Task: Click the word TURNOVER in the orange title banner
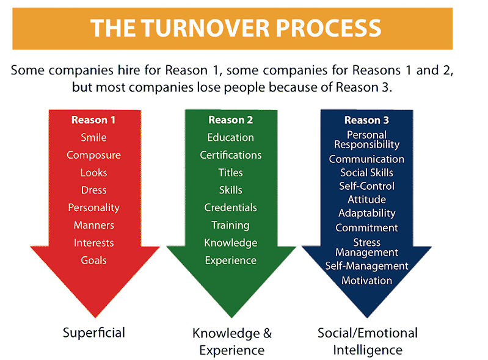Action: click(206, 28)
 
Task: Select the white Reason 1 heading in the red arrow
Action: click(93, 120)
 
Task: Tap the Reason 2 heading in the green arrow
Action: click(231, 120)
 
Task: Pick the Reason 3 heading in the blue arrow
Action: click(366, 120)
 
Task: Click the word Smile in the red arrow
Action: click(93, 137)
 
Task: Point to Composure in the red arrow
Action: click(93, 155)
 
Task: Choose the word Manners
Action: click(94, 225)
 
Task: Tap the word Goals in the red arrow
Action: click(93, 260)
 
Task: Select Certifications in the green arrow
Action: click(231, 155)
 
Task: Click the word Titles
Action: click(231, 173)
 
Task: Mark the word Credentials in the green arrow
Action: click(231, 207)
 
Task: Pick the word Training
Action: click(231, 225)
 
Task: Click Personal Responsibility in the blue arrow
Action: click(367, 140)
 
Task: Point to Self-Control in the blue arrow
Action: click(367, 186)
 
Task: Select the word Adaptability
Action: click(367, 214)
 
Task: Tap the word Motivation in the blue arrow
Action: click(367, 281)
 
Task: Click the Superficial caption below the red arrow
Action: click(94, 333)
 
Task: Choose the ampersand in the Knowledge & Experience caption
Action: click(268, 333)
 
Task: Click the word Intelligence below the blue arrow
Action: click(368, 350)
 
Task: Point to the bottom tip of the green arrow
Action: click(231, 317)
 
